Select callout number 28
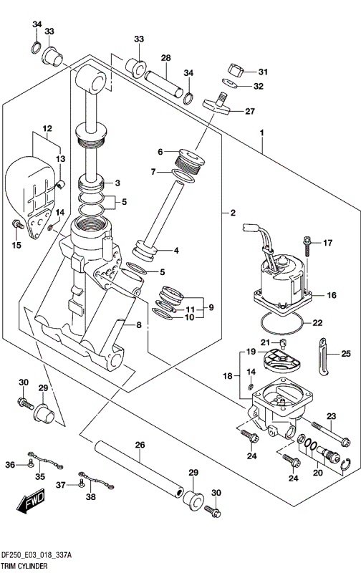click(x=165, y=57)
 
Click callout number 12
click(x=47, y=130)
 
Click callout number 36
click(x=10, y=466)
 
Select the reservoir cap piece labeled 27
click(x=218, y=104)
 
